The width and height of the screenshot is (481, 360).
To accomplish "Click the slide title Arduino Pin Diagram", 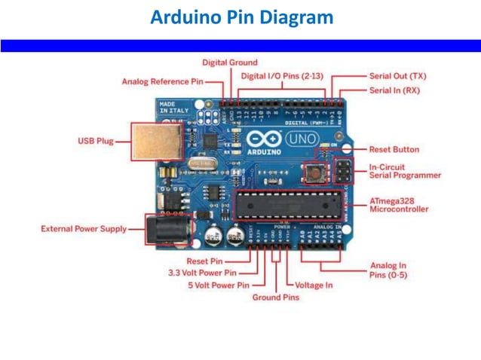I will pyautogui.click(x=241, y=17).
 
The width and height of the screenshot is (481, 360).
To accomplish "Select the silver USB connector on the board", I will pyautogui.click(x=155, y=142).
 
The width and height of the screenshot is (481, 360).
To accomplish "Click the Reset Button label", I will pyautogui.click(x=394, y=149).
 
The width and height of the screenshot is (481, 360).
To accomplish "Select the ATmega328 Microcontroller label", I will pyautogui.click(x=399, y=205).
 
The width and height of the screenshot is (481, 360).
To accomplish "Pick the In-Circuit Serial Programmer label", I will pyautogui.click(x=405, y=171).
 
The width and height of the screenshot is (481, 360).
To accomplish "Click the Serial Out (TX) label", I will pyautogui.click(x=397, y=76).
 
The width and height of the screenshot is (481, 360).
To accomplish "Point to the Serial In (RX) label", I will pyautogui.click(x=394, y=90).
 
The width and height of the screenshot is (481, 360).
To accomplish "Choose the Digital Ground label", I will pyautogui.click(x=229, y=63).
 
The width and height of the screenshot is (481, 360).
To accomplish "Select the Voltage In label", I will pyautogui.click(x=313, y=285).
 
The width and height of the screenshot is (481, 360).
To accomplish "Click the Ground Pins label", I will pyautogui.click(x=275, y=297).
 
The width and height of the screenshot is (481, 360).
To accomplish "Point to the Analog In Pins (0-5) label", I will pyautogui.click(x=388, y=270).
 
